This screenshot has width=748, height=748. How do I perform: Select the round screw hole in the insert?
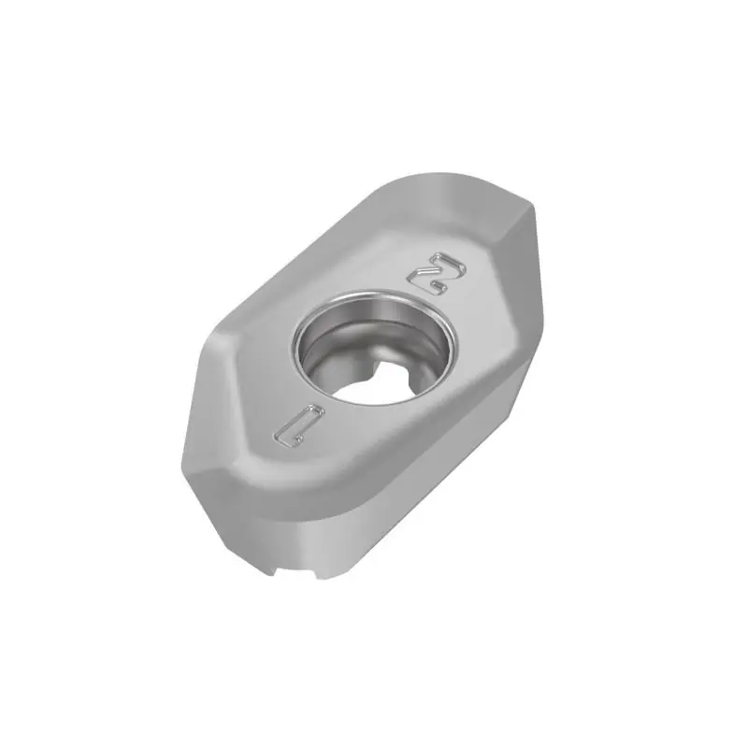[x=375, y=347]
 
